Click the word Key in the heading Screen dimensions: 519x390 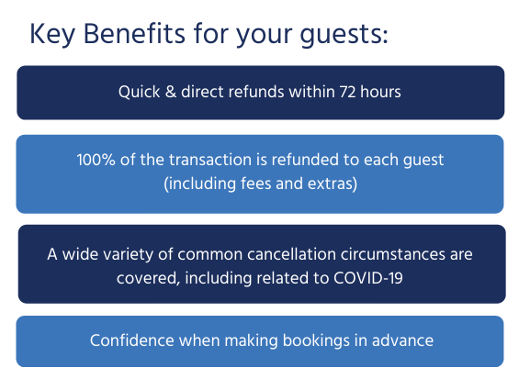click(52, 34)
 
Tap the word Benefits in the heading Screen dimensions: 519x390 click(134, 33)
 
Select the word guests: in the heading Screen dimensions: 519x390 click(344, 36)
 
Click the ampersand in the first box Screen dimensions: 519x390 click(171, 92)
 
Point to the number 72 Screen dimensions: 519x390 click(347, 92)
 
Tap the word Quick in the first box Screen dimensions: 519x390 click(139, 92)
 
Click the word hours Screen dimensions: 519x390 click(380, 92)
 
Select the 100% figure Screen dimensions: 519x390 click(96, 160)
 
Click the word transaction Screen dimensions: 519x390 click(210, 160)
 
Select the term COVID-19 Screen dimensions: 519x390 click(368, 278)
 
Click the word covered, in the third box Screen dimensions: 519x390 click(148, 279)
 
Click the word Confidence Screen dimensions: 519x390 click(131, 340)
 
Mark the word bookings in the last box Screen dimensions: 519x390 click(316, 341)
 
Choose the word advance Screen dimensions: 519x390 click(402, 340)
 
